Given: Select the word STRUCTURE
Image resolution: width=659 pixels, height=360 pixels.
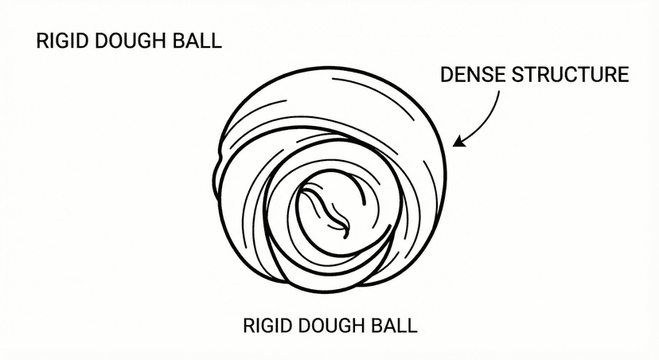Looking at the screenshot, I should (x=571, y=76).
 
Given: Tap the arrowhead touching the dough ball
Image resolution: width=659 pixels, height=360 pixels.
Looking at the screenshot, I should (x=459, y=142).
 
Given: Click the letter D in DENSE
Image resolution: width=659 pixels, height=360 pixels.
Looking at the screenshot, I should (x=446, y=76).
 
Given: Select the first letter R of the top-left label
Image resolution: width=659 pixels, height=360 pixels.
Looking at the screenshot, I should (x=42, y=41).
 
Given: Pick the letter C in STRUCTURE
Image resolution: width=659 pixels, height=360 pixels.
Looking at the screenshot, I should (x=576, y=76).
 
